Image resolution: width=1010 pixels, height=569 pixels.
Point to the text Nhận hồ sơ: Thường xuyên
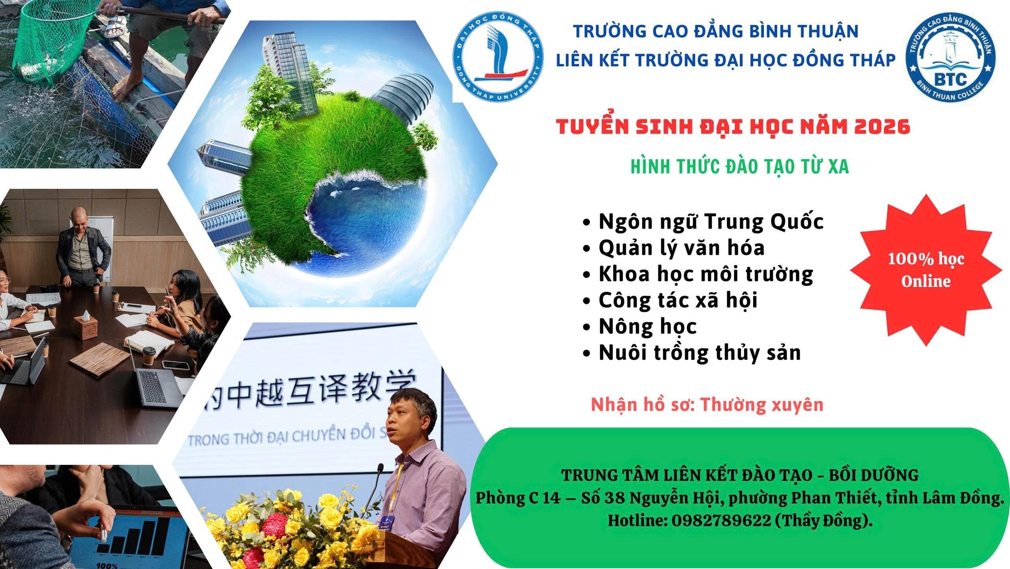pos(707,404)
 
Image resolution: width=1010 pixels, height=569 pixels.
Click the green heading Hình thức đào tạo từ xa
pos(740,167)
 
